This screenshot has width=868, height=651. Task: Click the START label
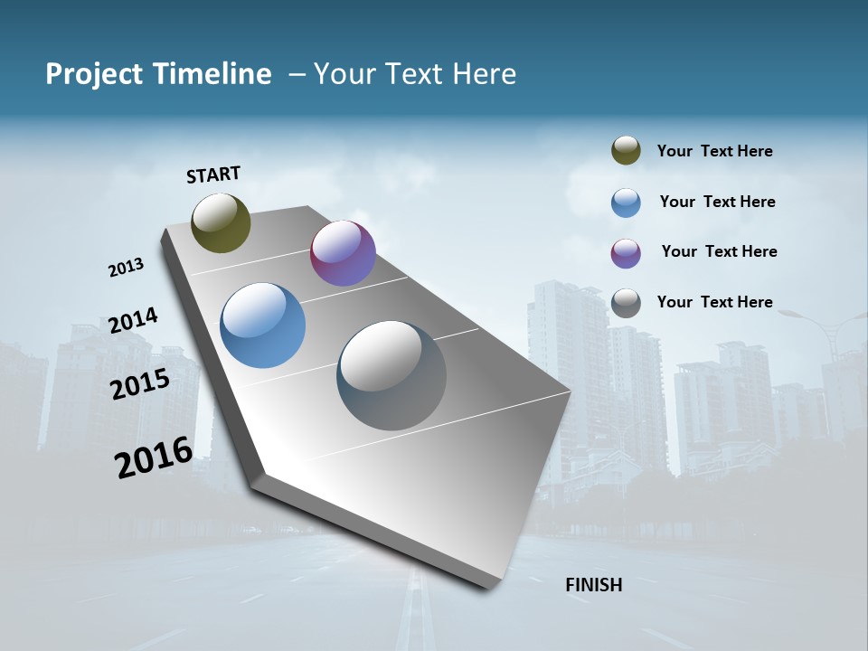(213, 175)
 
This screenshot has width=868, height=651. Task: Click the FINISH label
(593, 585)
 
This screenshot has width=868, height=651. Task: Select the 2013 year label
(126, 268)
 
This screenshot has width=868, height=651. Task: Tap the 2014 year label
(133, 321)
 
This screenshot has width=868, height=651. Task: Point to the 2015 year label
(140, 384)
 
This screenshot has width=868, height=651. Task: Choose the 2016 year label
(154, 458)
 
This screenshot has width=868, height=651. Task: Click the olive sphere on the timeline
(221, 222)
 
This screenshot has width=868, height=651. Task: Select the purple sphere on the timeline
(343, 253)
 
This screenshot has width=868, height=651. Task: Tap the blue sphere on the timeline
(262, 325)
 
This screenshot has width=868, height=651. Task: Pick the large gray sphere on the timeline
(392, 375)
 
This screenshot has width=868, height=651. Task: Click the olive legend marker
(626, 151)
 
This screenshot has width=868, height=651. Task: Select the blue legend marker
(626, 203)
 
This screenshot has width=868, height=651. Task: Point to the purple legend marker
(626, 253)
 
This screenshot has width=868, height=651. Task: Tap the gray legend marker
(626, 303)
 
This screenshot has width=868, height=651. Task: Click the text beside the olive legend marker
(714, 152)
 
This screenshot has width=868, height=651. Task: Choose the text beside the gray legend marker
(714, 302)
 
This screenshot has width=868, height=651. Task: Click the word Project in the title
(93, 74)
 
